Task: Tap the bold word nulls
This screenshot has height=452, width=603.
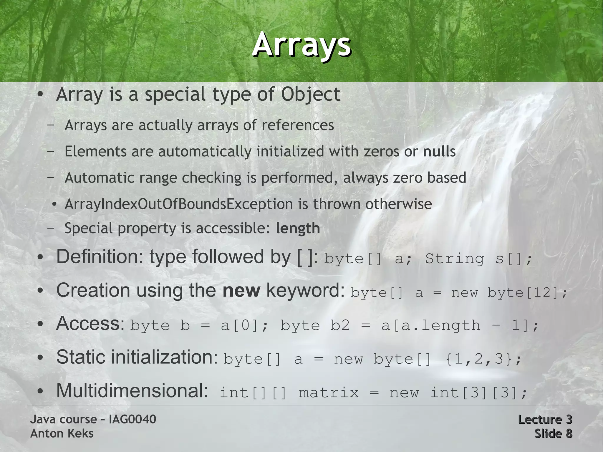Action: [x=439, y=152]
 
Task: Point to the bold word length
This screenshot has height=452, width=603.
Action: [x=298, y=228]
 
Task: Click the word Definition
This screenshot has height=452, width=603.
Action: [x=98, y=257]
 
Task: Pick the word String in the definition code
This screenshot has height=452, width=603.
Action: [x=454, y=259]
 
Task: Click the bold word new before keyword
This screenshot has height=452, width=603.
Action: [x=241, y=290]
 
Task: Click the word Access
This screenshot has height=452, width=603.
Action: [x=90, y=323]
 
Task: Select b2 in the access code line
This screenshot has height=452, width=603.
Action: [x=340, y=326]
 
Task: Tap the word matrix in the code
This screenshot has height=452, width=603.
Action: [x=329, y=393]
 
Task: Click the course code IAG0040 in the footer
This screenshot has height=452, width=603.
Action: [x=132, y=419]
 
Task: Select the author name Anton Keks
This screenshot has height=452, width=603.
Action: [x=62, y=433]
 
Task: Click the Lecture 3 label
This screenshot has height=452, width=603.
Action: [x=545, y=419]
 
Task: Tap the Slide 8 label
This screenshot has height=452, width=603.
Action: [x=553, y=433]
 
